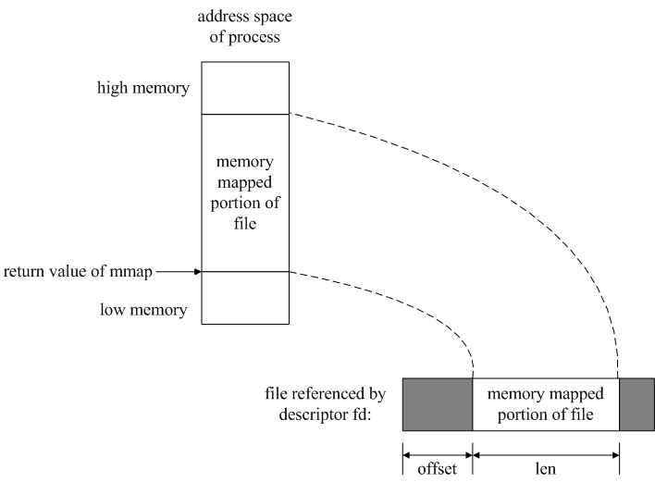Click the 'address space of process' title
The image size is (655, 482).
pos(245,29)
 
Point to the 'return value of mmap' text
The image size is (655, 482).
pos(80,272)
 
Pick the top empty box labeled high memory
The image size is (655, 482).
pos(245,88)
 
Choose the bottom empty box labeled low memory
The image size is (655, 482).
pos(245,298)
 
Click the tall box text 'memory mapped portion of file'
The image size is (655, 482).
pos(245,192)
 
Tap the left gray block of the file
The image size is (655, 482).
pos(438,404)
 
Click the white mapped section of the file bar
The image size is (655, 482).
pos(546,404)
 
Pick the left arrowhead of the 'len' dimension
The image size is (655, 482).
pos(478,453)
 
